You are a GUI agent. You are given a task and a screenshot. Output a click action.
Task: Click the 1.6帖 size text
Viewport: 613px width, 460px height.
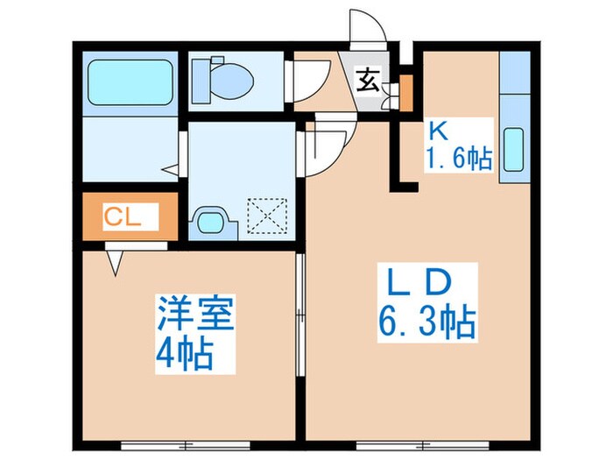click(459, 159)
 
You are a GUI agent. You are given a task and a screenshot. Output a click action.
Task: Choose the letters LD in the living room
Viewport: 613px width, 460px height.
click(419, 286)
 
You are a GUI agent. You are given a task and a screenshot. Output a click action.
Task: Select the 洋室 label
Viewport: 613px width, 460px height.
click(196, 313)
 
